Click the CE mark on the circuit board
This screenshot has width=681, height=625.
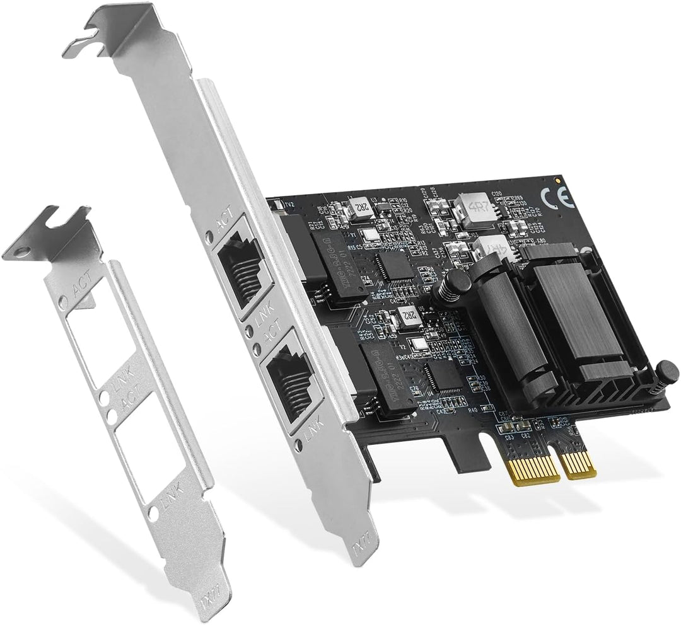coord(563,199)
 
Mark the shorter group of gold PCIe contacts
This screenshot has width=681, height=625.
coord(579,464)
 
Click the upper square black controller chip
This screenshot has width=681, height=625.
coord(395,266)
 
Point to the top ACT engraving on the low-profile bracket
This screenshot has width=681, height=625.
coord(82,289)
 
